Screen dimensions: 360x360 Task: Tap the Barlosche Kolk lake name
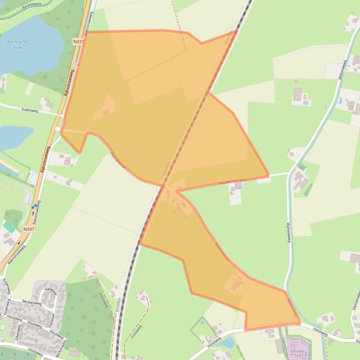(18, 44)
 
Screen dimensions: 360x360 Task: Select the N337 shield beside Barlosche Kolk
(79, 42)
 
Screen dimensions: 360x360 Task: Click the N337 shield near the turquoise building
(29, 229)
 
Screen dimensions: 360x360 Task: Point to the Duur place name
(78, 64)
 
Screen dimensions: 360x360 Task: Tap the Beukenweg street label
(31, 303)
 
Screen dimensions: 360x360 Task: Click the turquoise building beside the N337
(9, 228)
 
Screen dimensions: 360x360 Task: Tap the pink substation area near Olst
(298, 348)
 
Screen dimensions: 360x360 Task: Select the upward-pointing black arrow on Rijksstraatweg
(33, 212)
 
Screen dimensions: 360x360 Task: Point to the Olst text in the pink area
(298, 356)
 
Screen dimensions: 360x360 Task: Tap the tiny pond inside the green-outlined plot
(202, 323)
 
